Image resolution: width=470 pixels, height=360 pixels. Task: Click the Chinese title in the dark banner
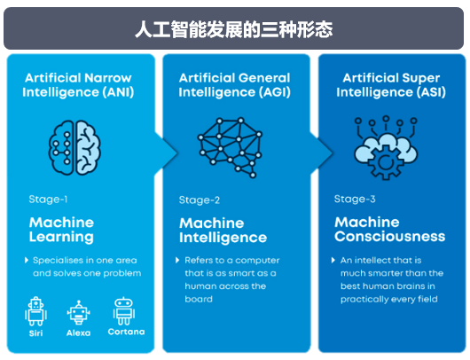point(234,29)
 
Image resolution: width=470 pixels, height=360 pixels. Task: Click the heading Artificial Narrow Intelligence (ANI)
point(78,85)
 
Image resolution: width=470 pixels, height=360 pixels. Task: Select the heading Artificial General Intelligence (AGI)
point(235,85)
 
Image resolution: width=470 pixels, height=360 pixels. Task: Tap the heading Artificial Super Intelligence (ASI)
point(391,85)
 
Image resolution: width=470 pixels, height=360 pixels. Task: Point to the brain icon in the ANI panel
point(74,147)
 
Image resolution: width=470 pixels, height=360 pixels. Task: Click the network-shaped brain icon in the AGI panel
point(230,147)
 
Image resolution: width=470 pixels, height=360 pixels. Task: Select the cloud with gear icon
point(386,148)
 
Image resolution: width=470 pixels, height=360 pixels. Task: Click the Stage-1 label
point(48,200)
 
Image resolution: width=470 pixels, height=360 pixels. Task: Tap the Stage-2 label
point(200,200)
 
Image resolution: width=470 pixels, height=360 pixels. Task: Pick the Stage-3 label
point(355,199)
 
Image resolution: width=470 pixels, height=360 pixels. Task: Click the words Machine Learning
point(61,230)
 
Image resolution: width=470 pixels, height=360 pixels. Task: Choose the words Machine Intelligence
point(223,231)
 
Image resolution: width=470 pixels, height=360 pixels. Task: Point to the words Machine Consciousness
point(389,230)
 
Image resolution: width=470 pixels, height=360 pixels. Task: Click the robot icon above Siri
point(35,311)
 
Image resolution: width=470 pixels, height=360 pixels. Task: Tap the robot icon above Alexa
point(79,313)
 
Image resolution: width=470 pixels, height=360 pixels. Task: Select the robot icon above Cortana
point(124,311)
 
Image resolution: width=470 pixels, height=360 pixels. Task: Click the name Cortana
point(126,332)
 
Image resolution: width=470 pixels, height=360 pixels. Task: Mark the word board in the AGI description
point(199,299)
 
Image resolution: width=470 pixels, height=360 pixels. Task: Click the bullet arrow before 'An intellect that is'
point(333,260)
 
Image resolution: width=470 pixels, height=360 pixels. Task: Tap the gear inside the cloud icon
point(386,163)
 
